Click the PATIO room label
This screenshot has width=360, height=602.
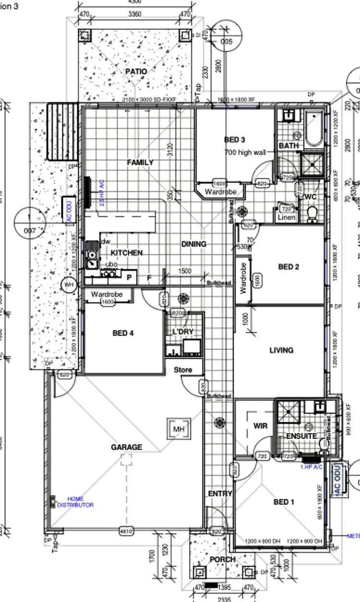[x=136, y=72]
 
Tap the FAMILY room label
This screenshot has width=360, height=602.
[x=140, y=162]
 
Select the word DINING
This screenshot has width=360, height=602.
[x=193, y=244]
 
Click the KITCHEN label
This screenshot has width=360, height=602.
[x=127, y=253]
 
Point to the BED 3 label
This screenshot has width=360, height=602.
[x=235, y=140]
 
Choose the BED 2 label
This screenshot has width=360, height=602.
[x=288, y=267]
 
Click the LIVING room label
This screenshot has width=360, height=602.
[x=281, y=350]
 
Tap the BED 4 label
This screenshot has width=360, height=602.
[x=123, y=333]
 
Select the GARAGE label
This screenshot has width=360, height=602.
[x=127, y=447]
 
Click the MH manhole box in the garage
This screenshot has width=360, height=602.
[x=179, y=429]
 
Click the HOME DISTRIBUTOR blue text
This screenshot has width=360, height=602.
[x=75, y=502]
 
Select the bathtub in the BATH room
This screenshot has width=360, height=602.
[x=315, y=128]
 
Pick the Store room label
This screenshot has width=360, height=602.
[x=182, y=370]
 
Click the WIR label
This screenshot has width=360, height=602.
[x=260, y=426]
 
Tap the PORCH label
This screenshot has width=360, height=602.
[x=223, y=559]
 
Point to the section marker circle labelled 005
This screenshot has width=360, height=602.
[x=226, y=42]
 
